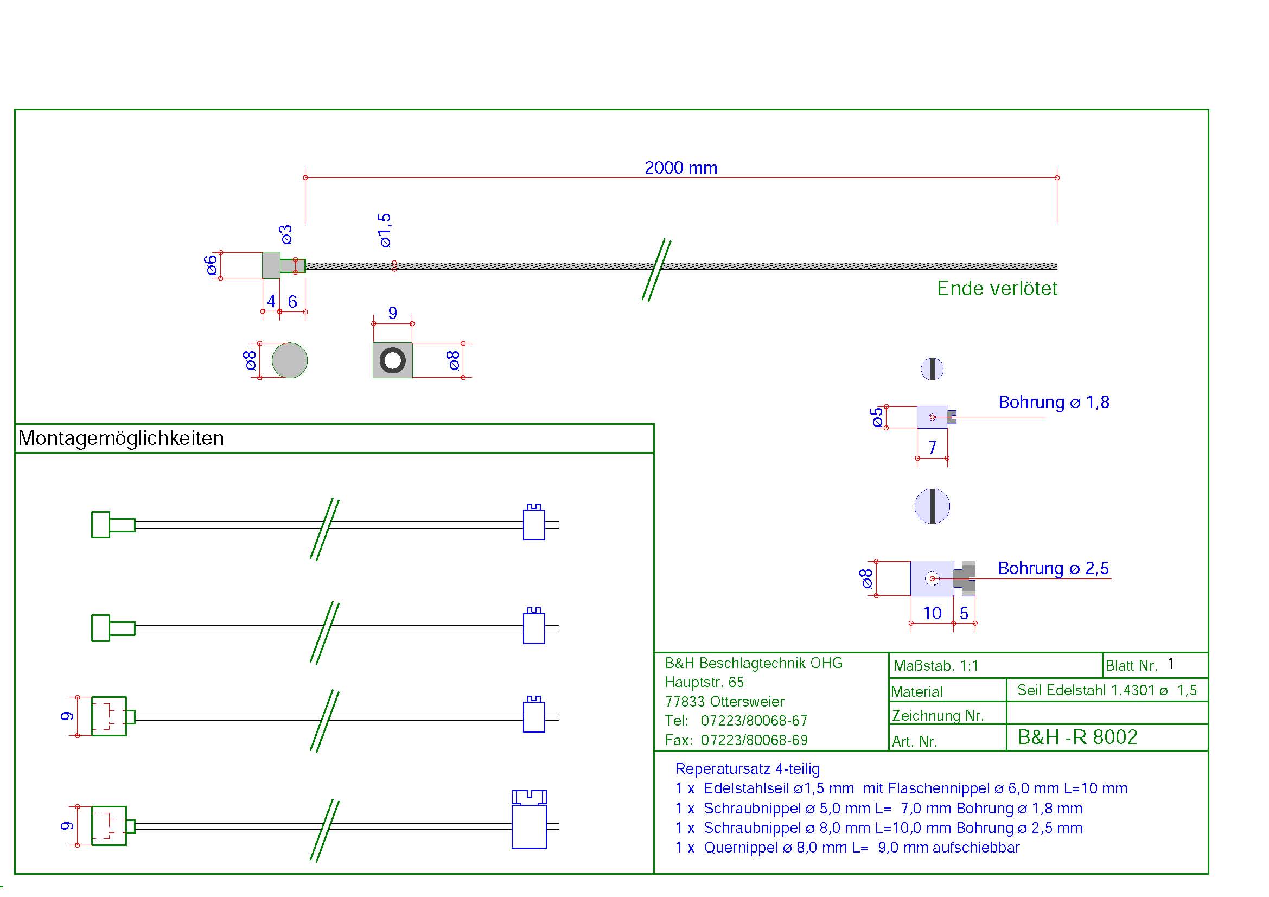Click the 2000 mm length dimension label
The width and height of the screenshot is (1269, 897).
point(680,168)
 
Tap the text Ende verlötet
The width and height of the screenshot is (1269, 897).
point(997,289)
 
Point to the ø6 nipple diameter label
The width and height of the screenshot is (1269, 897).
point(211,265)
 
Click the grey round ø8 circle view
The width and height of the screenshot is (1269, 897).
point(290,360)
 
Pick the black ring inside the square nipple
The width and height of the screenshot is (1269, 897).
point(392,360)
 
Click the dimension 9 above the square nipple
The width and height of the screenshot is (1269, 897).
point(392,313)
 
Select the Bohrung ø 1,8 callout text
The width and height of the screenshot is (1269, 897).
point(1054,402)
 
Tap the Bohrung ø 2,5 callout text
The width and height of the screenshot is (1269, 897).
point(1053,568)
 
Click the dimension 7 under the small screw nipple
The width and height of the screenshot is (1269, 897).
point(932,447)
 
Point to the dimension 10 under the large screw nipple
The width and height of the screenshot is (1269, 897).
point(932,613)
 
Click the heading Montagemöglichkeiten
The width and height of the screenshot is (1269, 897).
point(121,438)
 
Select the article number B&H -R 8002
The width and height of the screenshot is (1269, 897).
point(1077,737)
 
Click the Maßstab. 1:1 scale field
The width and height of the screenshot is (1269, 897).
point(936,665)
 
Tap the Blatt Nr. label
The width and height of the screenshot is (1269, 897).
point(1131,665)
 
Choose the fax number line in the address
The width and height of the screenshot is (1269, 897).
point(736,740)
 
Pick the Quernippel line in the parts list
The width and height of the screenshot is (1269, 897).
point(847,847)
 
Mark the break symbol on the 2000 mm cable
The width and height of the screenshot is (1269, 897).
point(656,270)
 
